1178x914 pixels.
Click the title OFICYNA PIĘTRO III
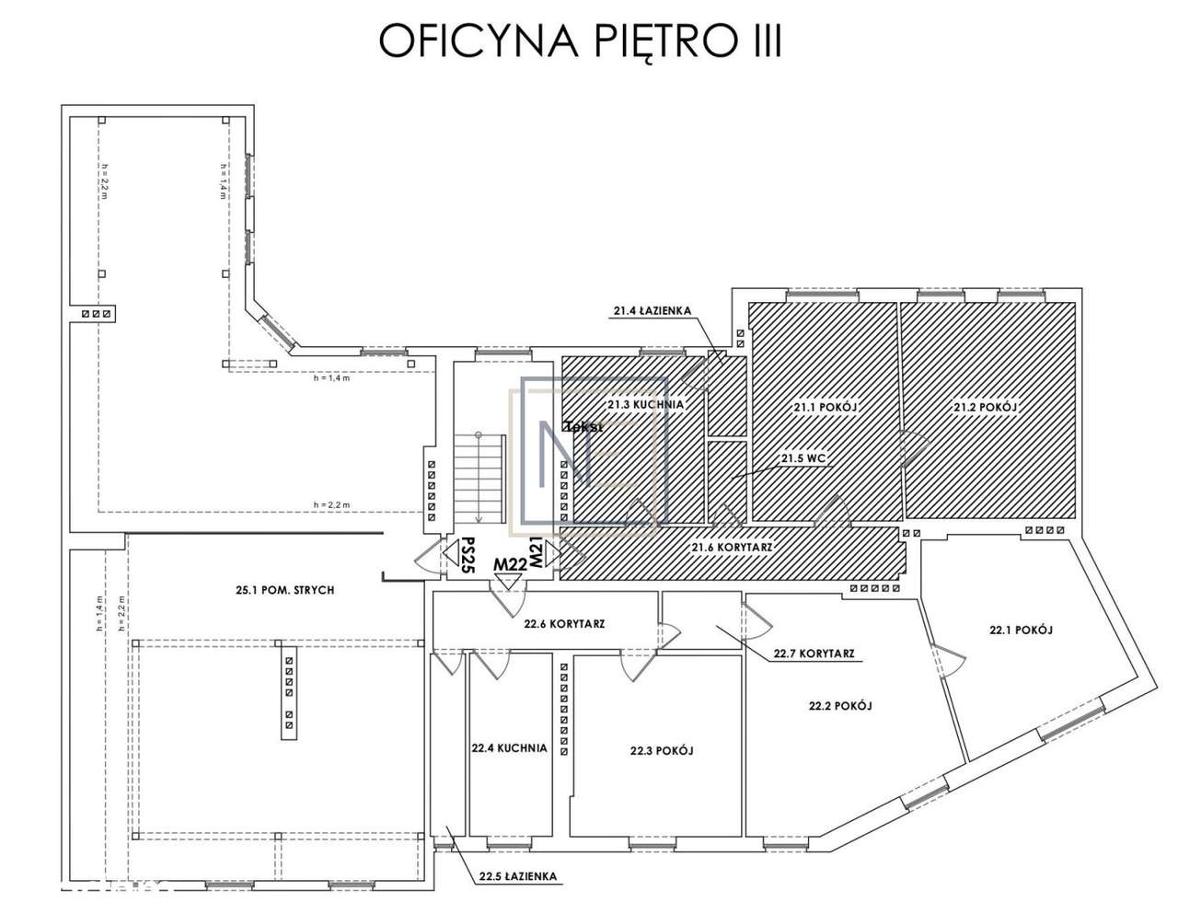pos(580,41)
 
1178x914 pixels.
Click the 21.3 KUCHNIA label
pos(645,404)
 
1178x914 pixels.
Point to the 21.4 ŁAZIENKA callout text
pos(652,311)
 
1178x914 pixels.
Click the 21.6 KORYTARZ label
pos(732,547)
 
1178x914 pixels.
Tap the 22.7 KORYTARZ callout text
pos(814,654)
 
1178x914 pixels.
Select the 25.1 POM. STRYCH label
pos(284,590)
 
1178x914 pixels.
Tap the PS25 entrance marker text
pos(468,555)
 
